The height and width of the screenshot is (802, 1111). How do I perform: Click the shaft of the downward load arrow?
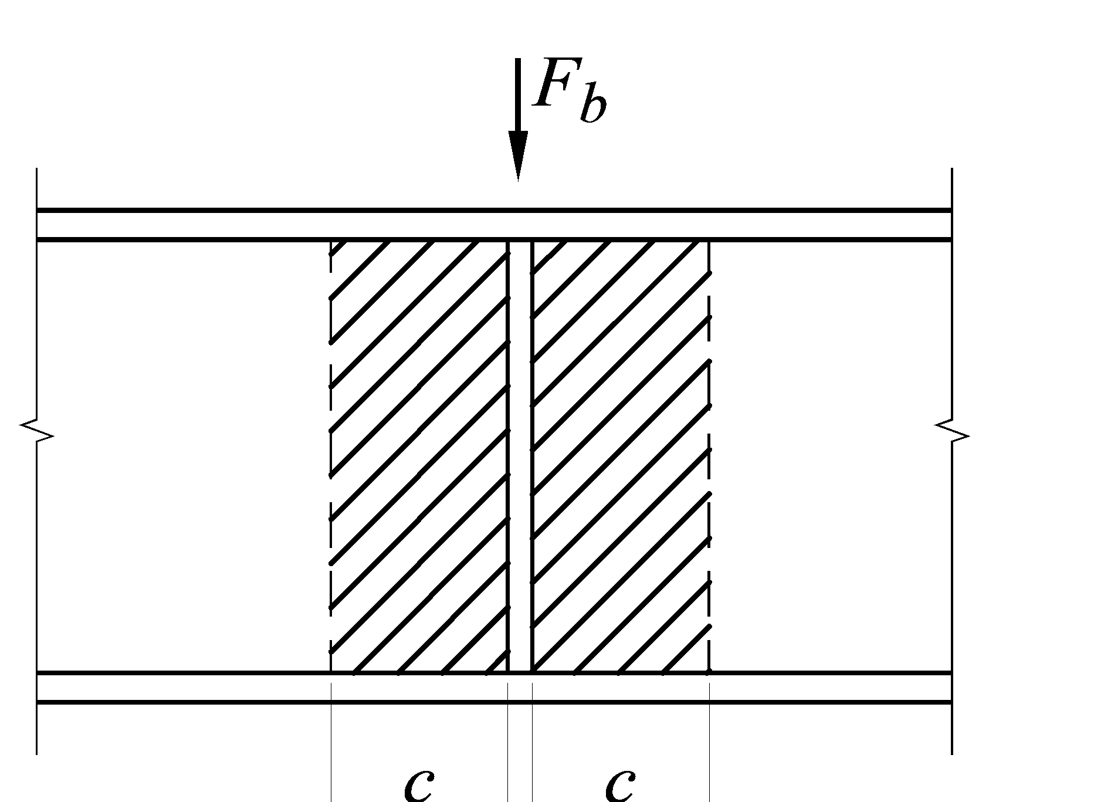(517, 94)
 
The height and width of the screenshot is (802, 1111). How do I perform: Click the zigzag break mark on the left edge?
(37, 431)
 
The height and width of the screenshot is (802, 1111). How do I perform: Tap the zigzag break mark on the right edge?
(951, 431)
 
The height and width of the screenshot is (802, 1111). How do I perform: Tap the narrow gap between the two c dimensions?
(520, 763)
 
